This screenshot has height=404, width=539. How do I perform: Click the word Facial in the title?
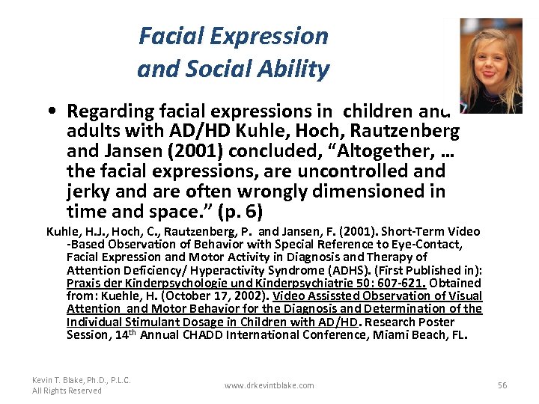[x=167, y=36]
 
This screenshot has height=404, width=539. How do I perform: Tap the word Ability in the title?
[x=298, y=70]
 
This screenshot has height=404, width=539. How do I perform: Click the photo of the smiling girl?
[x=490, y=65]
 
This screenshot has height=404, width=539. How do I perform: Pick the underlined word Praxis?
[x=83, y=283]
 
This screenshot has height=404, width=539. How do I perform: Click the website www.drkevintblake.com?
[x=269, y=385]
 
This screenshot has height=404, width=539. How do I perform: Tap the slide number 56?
[x=502, y=385]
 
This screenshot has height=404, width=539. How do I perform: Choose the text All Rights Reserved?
[x=67, y=391]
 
